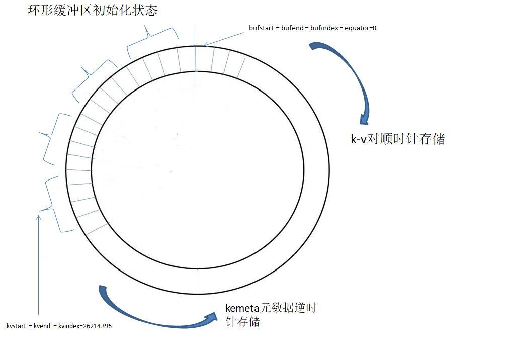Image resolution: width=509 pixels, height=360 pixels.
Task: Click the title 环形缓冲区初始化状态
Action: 93,10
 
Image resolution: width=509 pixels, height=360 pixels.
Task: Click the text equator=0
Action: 361,28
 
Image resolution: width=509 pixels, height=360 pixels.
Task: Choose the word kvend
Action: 42,326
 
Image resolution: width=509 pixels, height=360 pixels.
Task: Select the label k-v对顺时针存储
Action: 397,139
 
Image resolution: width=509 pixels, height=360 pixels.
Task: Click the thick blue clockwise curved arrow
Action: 352,75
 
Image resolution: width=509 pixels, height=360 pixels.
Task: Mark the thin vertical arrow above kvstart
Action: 38,266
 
